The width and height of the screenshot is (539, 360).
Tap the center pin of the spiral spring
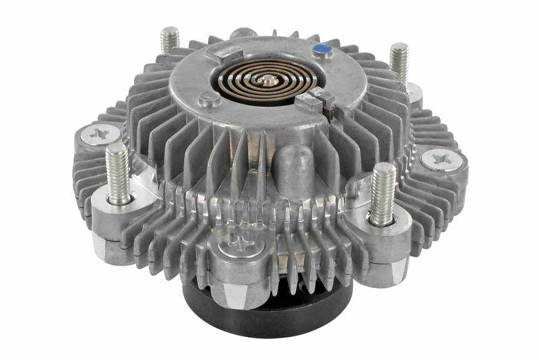coord(269,80)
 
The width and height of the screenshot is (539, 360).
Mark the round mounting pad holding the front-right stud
coord(383,228)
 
